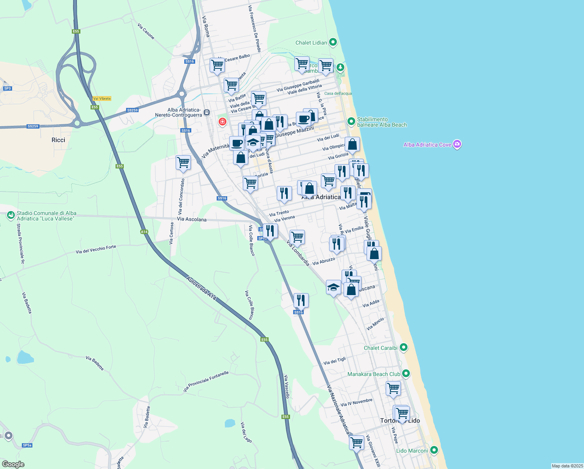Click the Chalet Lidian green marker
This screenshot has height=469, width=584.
pos(333,42)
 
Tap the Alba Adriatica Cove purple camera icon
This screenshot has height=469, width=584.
pos(458,144)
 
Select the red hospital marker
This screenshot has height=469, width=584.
pos(223,122)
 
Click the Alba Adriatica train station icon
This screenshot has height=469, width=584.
pos(207,113)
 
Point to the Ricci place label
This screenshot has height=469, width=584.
pos(58,140)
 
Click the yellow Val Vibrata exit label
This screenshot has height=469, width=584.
pos(102,98)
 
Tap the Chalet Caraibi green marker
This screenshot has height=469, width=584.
pos(404,347)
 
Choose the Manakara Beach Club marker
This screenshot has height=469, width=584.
pos(406,374)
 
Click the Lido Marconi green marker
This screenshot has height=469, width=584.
pos(433,450)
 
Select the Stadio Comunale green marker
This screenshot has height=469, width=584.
pos(11,215)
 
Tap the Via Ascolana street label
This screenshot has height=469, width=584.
pos(192,219)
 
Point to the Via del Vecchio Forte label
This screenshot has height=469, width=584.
pos(96,249)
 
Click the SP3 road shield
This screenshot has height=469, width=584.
pos(7,88)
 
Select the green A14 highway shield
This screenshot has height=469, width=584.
pos(144,232)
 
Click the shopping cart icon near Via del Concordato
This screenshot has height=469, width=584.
pos(183,162)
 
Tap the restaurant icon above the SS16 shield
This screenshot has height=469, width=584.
pos(301,300)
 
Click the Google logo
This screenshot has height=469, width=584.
pos(13,464)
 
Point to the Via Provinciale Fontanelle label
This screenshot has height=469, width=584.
pos(206,381)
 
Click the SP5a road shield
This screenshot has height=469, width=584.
pos(27,445)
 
